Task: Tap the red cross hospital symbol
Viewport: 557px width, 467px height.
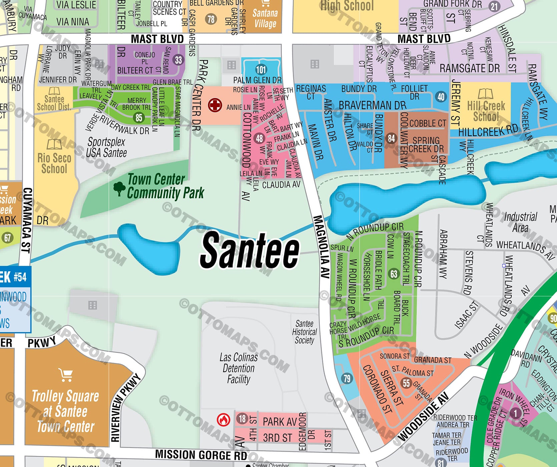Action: (x=215, y=105)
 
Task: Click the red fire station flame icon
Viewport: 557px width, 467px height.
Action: (x=223, y=419)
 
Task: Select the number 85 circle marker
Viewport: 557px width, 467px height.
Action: (x=139, y=117)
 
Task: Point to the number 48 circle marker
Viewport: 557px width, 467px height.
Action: (x=259, y=138)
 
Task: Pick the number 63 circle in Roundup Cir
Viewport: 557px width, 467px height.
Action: (x=394, y=274)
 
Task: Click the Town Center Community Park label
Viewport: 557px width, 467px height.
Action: (x=165, y=186)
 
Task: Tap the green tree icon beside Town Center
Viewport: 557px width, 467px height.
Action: (x=119, y=189)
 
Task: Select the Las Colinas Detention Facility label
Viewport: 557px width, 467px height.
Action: (x=238, y=368)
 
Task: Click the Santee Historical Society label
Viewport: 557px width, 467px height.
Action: (x=304, y=332)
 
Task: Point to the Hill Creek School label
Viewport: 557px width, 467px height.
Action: (x=486, y=111)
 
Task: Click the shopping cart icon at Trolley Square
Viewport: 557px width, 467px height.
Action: (x=65, y=375)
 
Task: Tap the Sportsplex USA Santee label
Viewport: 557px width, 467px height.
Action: (x=106, y=147)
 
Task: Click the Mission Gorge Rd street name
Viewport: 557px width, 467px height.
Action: (x=201, y=455)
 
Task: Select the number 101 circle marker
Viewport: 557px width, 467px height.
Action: (x=261, y=69)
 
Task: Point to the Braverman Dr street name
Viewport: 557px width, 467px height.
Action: (x=373, y=105)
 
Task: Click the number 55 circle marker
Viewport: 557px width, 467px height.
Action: (x=406, y=383)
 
